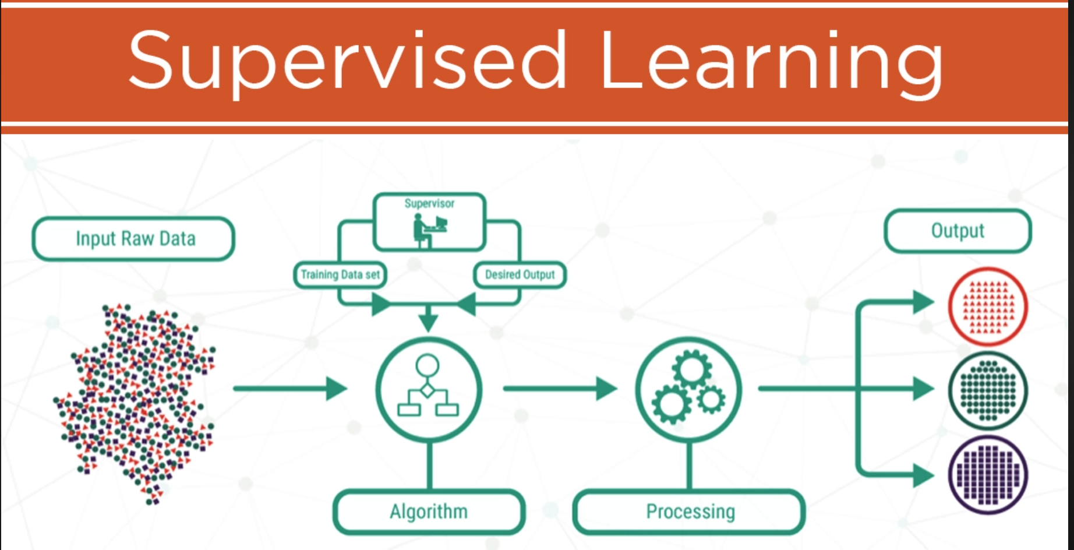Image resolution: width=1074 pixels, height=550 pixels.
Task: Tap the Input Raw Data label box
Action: point(134,239)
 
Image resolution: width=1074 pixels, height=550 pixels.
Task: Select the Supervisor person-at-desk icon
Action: point(430,230)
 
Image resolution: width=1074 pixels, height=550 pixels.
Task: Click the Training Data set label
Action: point(340,274)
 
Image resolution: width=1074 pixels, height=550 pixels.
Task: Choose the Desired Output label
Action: point(520,274)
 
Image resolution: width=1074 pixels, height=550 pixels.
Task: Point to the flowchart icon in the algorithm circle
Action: point(428,387)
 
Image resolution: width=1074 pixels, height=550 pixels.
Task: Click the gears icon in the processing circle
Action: point(689,387)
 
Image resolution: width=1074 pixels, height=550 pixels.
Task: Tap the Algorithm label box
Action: point(429,512)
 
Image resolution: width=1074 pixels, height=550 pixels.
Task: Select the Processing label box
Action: point(690,512)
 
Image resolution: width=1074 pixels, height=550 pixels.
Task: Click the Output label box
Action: point(958,231)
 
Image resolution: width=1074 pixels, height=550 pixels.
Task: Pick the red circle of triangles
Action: point(988,306)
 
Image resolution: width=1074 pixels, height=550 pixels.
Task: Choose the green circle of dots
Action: point(988,390)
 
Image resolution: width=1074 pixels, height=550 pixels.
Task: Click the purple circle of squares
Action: point(988,474)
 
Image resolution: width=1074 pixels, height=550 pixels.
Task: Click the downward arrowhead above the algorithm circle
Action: point(429,320)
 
